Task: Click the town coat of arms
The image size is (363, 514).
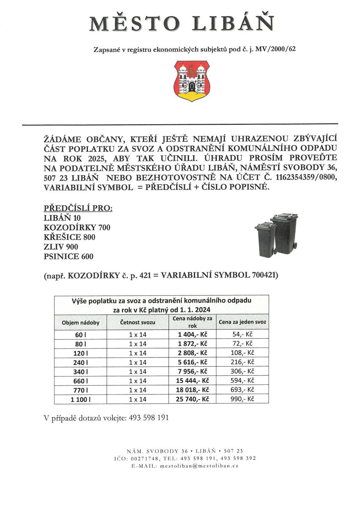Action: click(192, 81)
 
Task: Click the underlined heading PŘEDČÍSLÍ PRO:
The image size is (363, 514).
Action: click(78, 208)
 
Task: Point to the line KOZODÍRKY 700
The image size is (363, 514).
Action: click(77, 228)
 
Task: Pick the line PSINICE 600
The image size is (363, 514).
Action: click(68, 257)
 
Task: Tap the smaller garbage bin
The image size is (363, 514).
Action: click(265, 239)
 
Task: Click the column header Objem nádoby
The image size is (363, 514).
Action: click(81, 322)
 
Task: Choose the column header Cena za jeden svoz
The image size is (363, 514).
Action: click(242, 322)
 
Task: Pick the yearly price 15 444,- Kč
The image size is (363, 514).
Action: click(192, 381)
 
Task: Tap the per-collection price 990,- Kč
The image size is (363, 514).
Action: click(242, 399)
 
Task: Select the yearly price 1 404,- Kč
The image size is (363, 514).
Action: click(192, 335)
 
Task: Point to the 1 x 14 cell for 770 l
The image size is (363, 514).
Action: click(138, 390)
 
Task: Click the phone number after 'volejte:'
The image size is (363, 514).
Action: click(149, 418)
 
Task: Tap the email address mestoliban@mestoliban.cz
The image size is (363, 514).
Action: click(199, 466)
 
